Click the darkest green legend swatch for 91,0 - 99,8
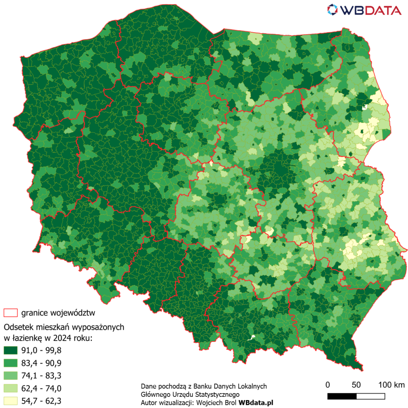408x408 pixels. tap(10, 351)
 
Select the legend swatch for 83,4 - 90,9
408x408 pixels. tap(10, 363)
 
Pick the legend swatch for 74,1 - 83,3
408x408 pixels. tap(10, 375)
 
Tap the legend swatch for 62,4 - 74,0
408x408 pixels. tap(10, 388)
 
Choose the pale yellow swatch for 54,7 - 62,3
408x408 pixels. tap(10, 400)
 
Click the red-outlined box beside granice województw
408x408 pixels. tap(10, 312)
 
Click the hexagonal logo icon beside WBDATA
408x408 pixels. tap(332, 10)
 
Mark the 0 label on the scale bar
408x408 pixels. tap(328, 385)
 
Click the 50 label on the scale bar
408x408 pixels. tap(356, 385)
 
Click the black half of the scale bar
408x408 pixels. tap(342, 396)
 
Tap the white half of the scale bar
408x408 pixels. tap(371, 396)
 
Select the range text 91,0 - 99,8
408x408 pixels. tap(43, 351)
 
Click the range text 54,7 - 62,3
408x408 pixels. tap(43, 400)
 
